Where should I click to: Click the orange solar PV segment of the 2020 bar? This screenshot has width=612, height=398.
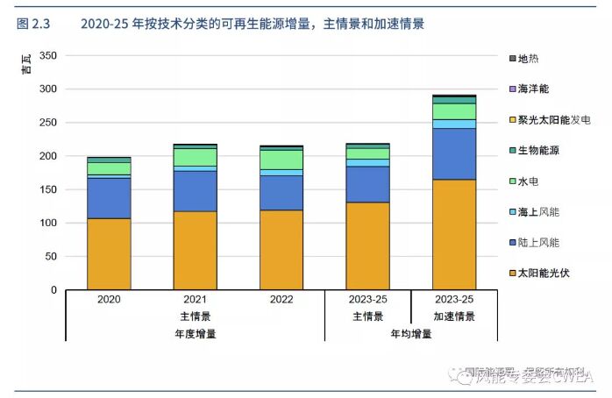pyautogui.click(x=109, y=253)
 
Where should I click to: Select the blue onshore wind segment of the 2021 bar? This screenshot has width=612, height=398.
pyautogui.click(x=195, y=190)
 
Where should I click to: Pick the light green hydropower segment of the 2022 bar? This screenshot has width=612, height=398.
pyautogui.click(x=281, y=159)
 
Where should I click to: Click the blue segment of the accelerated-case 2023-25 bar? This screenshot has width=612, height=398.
pyautogui.click(x=454, y=153)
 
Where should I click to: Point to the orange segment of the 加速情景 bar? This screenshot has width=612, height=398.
pyautogui.click(x=454, y=234)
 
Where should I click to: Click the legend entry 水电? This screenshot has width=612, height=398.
pyautogui.click(x=529, y=181)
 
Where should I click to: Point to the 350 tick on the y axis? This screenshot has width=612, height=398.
pyautogui.click(x=48, y=56)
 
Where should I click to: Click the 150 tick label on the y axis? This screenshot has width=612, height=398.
pyautogui.click(x=48, y=189)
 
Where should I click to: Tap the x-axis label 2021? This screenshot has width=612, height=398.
pyautogui.click(x=195, y=300)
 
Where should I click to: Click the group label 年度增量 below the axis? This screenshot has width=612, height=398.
pyautogui.click(x=195, y=333)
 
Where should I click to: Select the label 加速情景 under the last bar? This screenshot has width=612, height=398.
pyautogui.click(x=454, y=316)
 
